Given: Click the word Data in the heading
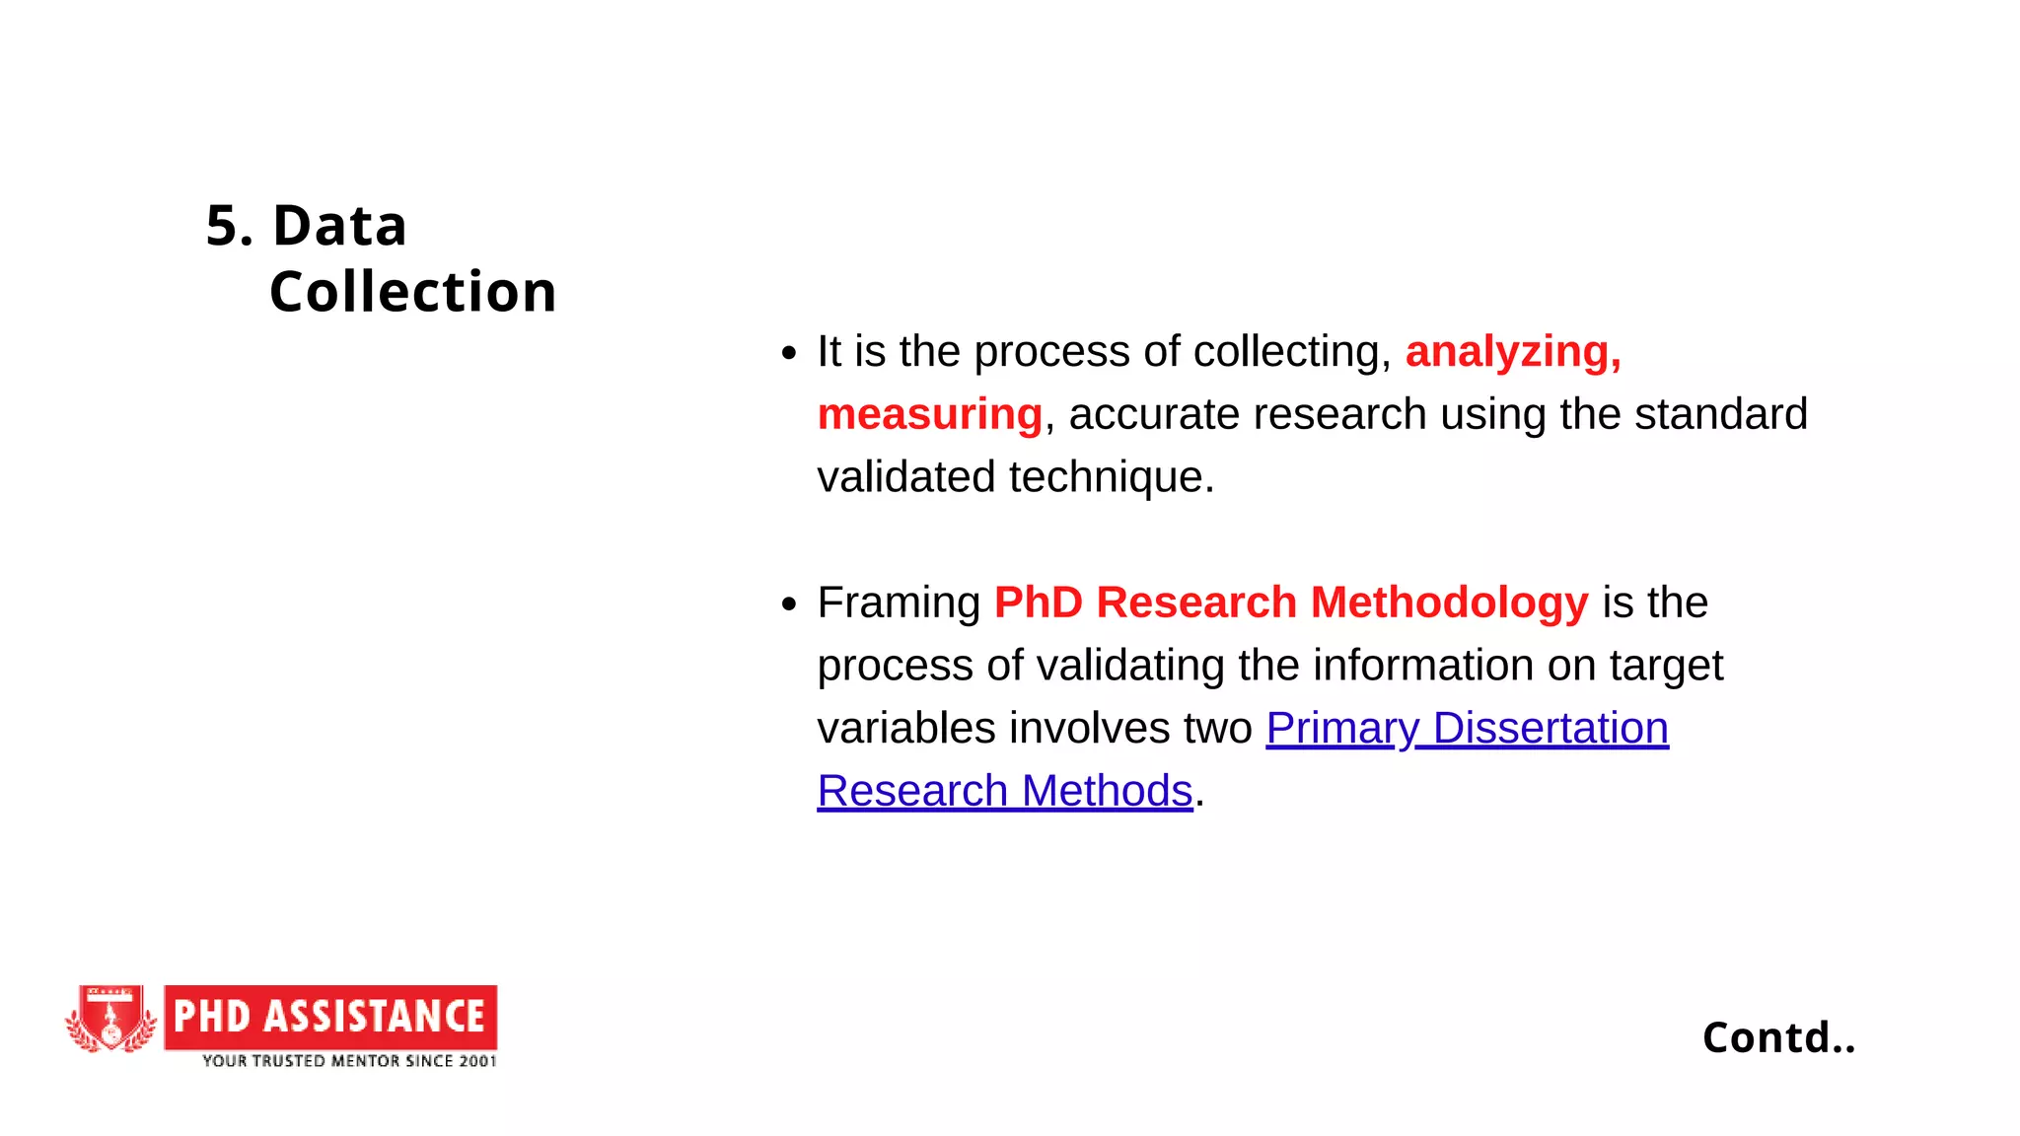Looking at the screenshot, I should [339, 226].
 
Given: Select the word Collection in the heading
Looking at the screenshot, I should [412, 292].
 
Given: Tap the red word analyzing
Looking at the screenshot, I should [1512, 352].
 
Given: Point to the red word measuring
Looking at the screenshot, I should [929, 414].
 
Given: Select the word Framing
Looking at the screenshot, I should [899, 603].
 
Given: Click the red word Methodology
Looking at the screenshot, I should [1449, 603].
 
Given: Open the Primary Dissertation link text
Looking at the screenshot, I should [1467, 729].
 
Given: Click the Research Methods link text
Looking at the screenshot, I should [1005, 791].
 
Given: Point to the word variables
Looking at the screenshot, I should [906, 729].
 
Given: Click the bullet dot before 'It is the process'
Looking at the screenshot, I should [788, 353].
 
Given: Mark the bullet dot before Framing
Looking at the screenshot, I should [788, 603].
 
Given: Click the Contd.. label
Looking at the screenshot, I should [1778, 1037].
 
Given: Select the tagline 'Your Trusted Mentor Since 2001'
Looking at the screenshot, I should [349, 1061].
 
